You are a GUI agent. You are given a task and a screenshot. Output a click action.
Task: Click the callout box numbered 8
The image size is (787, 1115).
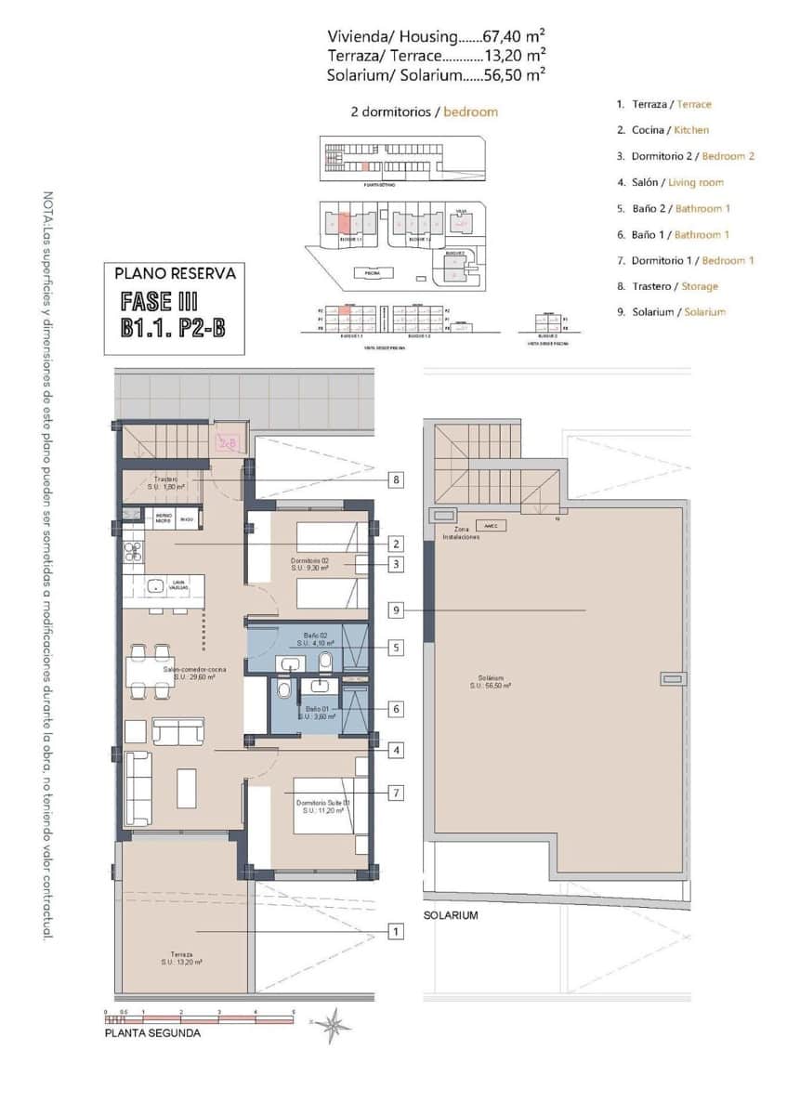397,480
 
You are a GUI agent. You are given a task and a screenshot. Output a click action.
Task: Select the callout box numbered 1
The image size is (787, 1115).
397,930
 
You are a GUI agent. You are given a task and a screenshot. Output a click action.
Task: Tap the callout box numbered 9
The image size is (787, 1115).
397,610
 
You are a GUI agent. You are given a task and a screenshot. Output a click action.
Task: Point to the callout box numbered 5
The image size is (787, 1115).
397,647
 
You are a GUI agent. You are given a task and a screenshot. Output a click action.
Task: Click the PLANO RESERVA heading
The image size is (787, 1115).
175,274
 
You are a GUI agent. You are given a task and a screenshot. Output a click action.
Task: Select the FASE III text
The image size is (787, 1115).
161,302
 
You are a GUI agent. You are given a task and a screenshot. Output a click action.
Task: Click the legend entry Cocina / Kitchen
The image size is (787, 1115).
662,131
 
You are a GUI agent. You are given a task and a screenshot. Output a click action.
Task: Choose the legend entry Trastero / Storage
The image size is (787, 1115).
667,287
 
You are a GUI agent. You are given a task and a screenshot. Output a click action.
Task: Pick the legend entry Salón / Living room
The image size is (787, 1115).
670,183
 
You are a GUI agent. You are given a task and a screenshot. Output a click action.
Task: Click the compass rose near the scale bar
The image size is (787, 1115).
332,1025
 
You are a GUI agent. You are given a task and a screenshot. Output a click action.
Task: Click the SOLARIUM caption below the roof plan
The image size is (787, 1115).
451,915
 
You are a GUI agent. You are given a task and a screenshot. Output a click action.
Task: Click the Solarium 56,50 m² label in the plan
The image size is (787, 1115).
492,681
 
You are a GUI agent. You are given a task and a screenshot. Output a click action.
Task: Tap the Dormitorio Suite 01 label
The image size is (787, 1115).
322,806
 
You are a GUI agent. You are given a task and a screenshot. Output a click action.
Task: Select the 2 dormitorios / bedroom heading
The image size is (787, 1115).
424,111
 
